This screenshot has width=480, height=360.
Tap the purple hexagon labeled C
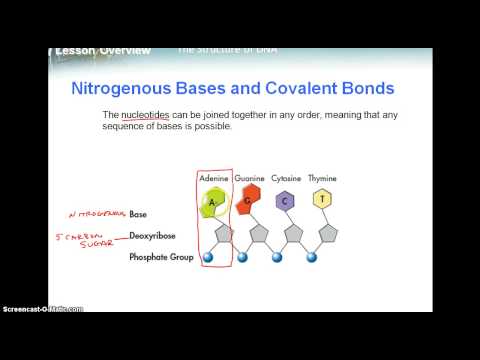click(286, 199)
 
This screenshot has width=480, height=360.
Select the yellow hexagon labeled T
click(321, 198)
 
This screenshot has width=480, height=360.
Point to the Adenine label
click(215, 178)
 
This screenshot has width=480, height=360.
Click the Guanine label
click(249, 178)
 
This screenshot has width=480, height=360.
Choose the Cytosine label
click(285, 178)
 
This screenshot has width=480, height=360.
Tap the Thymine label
click(321, 178)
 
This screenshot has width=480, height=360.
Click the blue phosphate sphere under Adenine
click(208, 257)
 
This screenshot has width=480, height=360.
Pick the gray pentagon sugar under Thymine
click(328, 236)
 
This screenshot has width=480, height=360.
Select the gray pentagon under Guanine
click(257, 236)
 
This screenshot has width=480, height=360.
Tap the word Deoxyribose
click(152, 236)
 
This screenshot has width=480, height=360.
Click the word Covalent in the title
click(284, 87)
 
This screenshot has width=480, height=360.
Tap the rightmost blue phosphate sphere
click(312, 257)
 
